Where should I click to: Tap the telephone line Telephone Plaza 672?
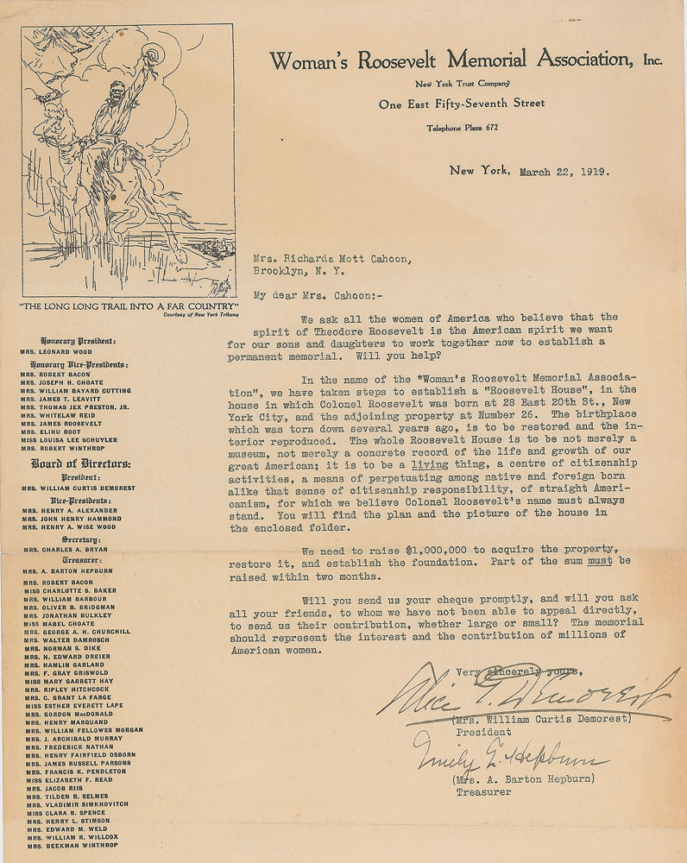point(462,128)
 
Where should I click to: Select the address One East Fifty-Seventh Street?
point(462,104)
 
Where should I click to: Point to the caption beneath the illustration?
point(128,306)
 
